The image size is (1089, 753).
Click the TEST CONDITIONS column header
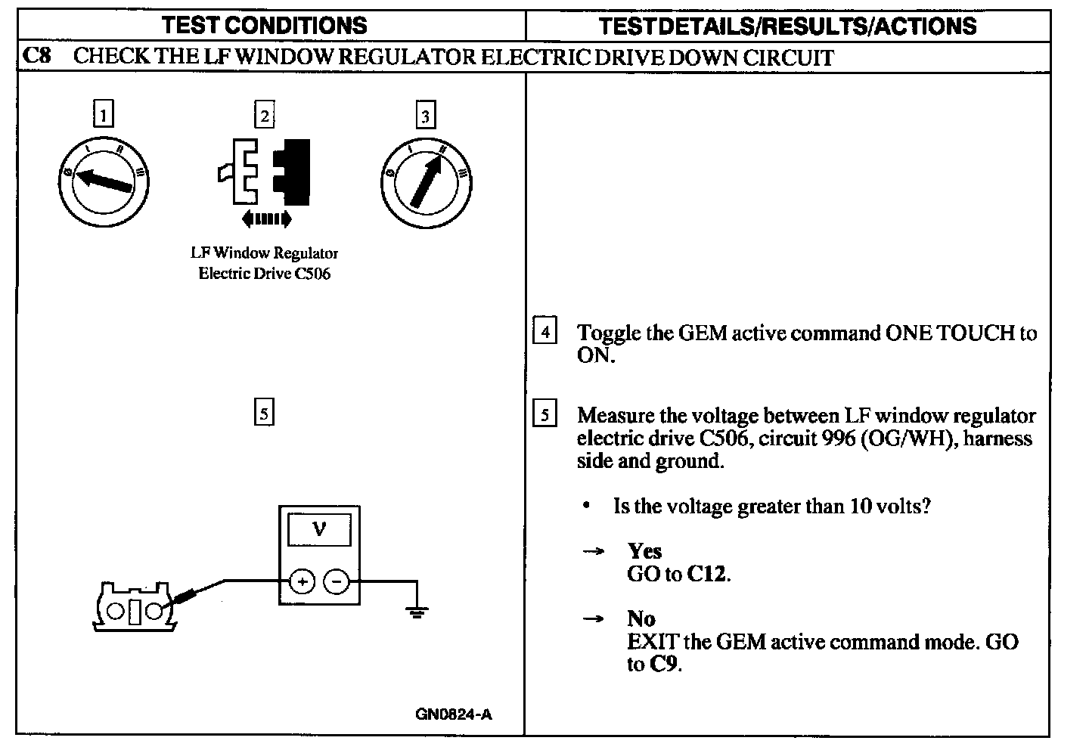[265, 25]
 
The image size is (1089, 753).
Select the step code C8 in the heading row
[37, 57]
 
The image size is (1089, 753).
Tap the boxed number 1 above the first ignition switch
[103, 115]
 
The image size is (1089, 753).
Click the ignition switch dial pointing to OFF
[104, 181]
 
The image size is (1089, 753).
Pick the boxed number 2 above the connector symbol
[264, 115]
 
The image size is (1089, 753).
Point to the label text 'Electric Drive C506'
[264, 273]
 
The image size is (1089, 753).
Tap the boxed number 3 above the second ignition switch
[426, 116]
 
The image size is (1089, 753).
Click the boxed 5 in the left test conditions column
[263, 414]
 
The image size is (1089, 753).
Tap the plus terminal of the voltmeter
[301, 581]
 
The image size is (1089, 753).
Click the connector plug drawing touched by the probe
[135, 607]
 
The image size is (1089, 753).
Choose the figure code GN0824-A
[453, 714]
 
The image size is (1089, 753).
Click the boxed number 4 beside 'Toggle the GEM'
[545, 332]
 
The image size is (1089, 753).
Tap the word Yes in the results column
[644, 551]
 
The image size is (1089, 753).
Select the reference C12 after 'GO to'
[707, 574]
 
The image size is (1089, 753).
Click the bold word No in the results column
[641, 619]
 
